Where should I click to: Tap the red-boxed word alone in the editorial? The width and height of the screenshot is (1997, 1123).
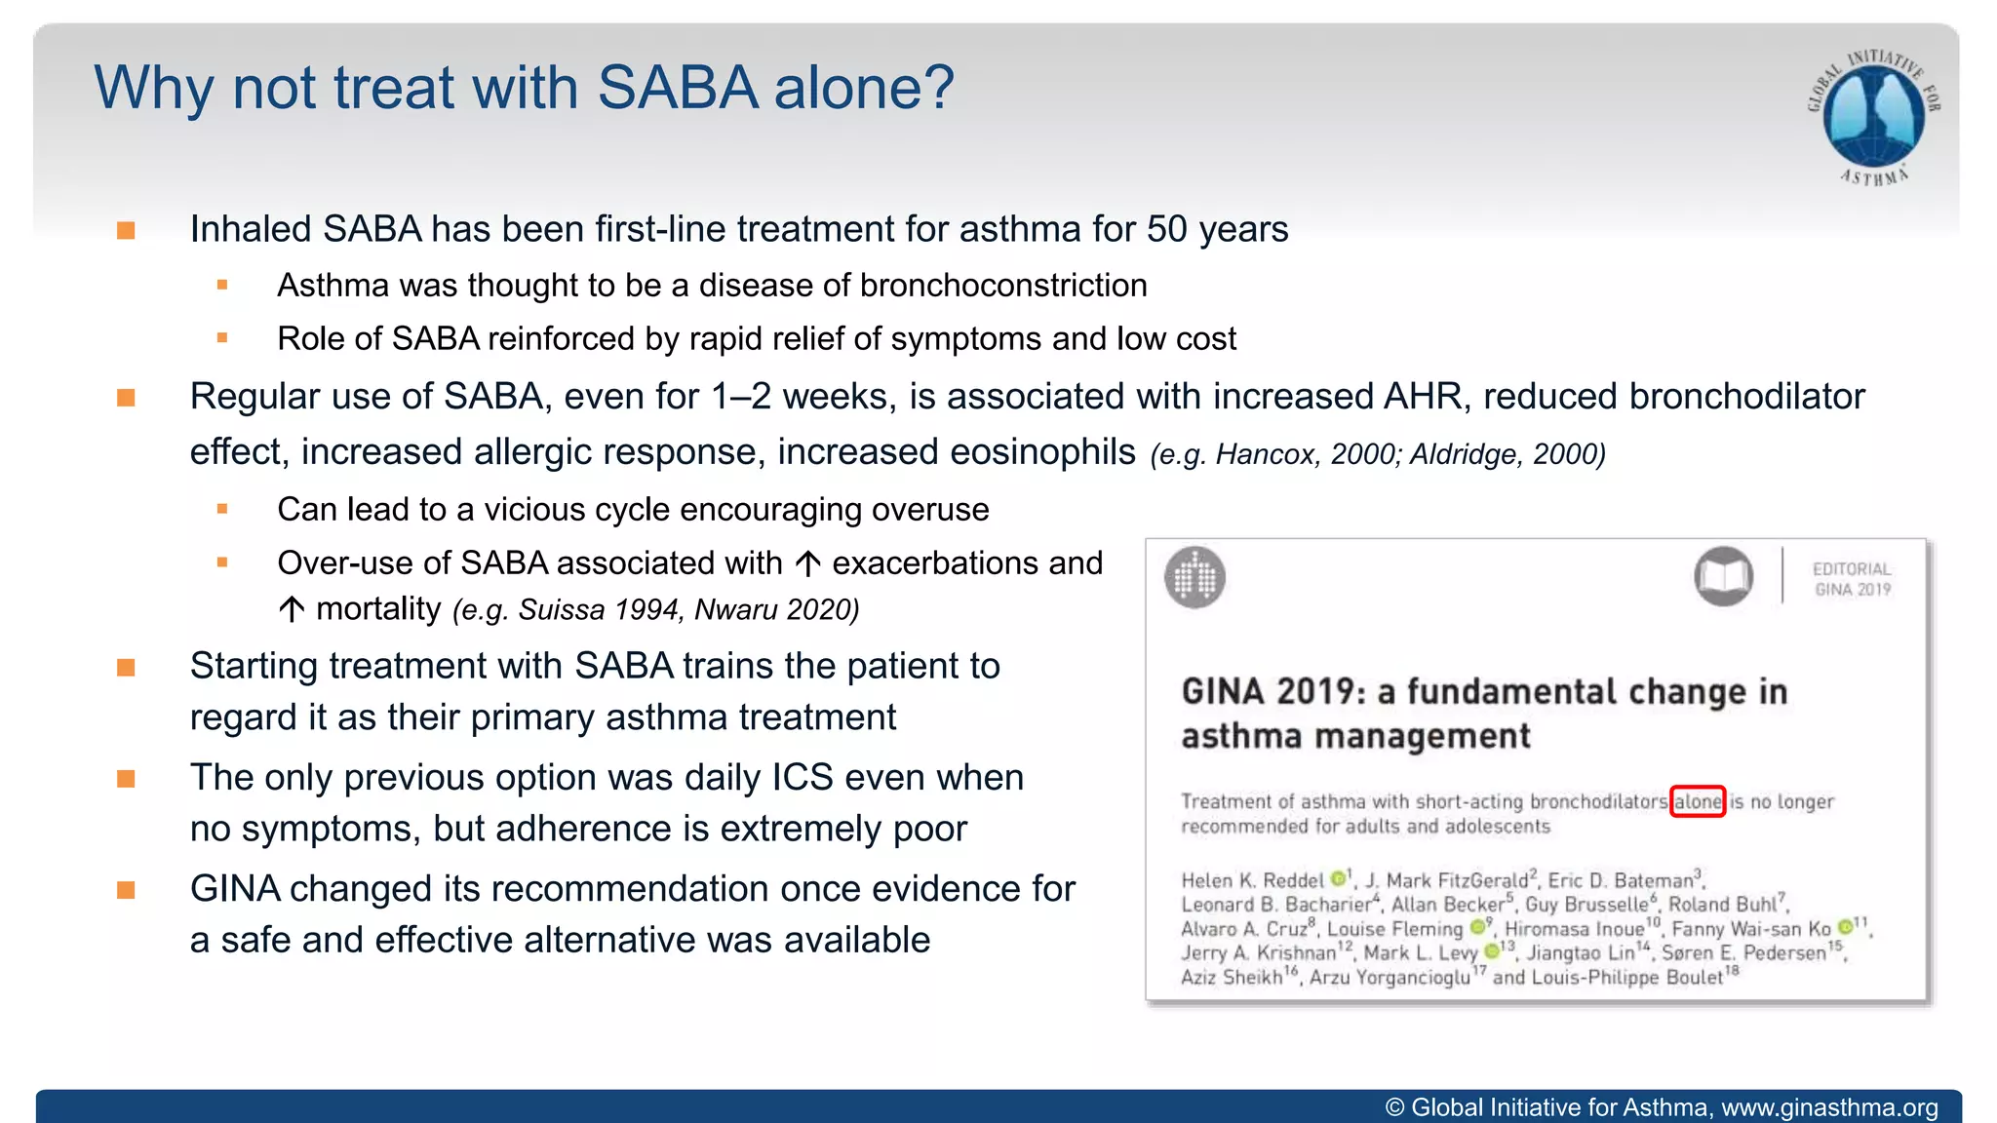point(1698,801)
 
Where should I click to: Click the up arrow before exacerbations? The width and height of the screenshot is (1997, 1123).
point(807,563)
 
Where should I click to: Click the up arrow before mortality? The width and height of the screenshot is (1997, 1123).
point(291,610)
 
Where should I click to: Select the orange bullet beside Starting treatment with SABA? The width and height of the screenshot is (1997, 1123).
point(126,668)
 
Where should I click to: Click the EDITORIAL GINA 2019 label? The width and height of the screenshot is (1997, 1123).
point(1852,579)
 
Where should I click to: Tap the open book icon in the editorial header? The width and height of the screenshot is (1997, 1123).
point(1723,576)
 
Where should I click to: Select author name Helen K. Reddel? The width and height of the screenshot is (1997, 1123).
point(1252,880)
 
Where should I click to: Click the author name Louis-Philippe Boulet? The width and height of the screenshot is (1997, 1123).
point(1626,978)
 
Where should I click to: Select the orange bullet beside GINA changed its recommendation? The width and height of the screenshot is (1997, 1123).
point(126,890)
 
